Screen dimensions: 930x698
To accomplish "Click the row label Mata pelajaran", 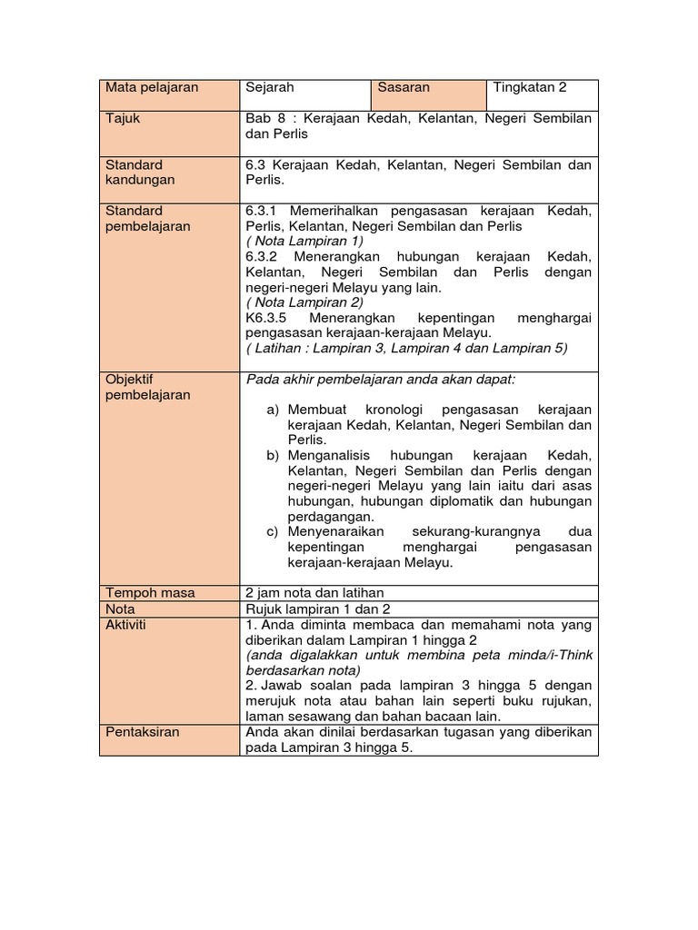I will pos(151,88).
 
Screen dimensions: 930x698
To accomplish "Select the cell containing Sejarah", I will pos(270,88).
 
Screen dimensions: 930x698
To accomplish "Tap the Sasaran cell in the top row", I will pos(404,88).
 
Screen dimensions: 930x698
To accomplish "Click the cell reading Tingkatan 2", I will pos(529,88).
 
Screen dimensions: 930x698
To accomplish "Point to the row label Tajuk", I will pos(123,119).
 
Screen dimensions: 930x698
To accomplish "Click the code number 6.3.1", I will pos(263,211).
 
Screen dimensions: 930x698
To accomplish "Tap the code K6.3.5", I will pos(266,319).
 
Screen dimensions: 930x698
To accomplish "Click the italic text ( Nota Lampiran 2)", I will pos(304,302).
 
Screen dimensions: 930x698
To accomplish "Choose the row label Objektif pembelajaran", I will pos(148,387).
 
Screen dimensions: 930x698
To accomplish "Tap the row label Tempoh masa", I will pos(150,593).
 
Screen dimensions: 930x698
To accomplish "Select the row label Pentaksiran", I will pos(143,732).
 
